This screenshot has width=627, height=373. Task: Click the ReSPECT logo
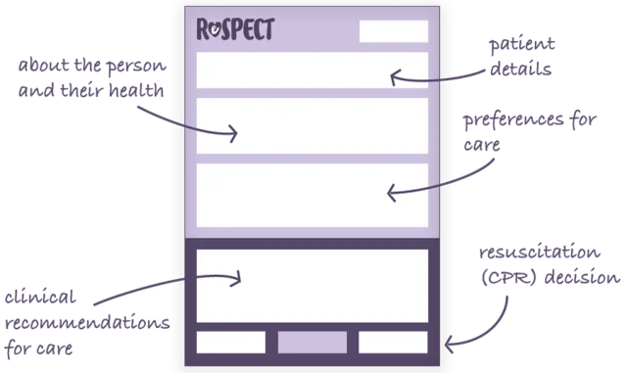tap(235, 30)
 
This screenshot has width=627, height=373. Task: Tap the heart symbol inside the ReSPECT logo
tap(216, 31)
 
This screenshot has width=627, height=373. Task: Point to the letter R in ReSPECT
tap(204, 30)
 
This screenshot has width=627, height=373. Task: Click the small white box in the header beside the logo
tap(393, 31)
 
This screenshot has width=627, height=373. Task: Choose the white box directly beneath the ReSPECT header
tap(313, 71)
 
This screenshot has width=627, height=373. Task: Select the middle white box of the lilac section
tap(313, 126)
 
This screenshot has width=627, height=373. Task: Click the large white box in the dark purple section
tap(313, 284)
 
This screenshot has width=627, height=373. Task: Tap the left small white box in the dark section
tap(231, 342)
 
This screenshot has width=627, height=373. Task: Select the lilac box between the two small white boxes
tap(313, 342)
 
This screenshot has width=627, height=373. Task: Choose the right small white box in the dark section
tap(393, 342)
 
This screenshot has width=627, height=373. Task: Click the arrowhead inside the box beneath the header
tap(394, 76)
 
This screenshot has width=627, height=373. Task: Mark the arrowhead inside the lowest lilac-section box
tap(391, 193)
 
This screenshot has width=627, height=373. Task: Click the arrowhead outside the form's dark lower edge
tap(450, 344)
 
